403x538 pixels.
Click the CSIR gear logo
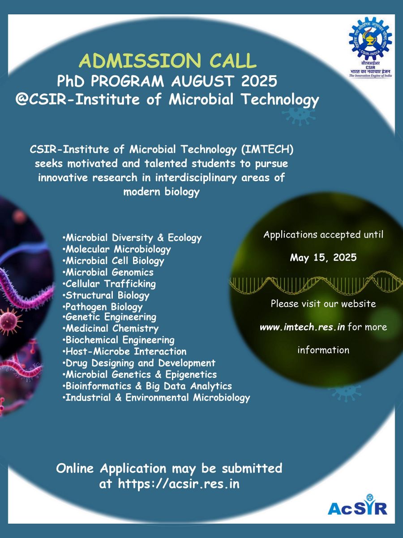[x=370, y=38]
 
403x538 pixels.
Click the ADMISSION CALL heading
[x=167, y=61]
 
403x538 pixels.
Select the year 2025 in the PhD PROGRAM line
[x=259, y=81]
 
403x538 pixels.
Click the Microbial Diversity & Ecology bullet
[x=132, y=238]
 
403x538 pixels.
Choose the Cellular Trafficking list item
[x=109, y=284]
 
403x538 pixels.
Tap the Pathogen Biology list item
[x=103, y=307]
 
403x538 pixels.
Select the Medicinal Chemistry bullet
[x=111, y=329]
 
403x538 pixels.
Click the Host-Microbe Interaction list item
[x=124, y=351]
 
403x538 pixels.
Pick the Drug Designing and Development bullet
[x=139, y=363]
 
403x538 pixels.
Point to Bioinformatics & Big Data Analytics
[x=147, y=386]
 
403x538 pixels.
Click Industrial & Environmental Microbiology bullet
[x=156, y=398]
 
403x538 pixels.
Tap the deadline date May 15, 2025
[x=323, y=258]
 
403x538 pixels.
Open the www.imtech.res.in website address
[x=302, y=327]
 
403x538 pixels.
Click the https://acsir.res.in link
[x=179, y=484]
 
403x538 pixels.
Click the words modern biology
[x=162, y=192]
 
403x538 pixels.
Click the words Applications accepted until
[x=323, y=235]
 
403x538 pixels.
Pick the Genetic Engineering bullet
[x=109, y=317]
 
